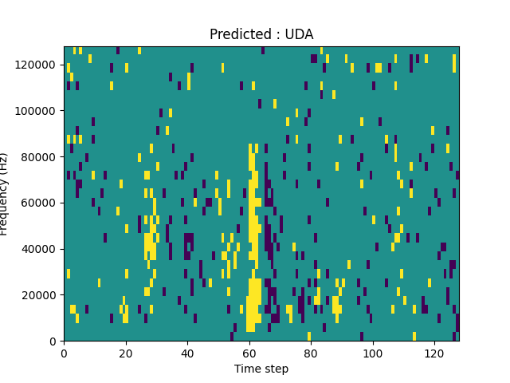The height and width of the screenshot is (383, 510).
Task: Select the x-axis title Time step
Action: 261,369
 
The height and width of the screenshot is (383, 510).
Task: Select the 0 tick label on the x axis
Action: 65,353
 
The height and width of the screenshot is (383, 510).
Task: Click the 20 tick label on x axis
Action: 126,353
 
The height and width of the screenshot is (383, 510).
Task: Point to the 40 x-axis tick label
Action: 187,353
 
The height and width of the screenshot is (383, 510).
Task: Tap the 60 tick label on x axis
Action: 249,353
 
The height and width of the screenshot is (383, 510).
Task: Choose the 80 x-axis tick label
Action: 311,353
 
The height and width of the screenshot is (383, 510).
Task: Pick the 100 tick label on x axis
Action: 372,353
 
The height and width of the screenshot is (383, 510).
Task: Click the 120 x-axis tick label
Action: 434,353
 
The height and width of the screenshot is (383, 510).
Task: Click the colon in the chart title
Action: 277,35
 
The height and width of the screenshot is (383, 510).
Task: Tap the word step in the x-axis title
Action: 276,369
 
